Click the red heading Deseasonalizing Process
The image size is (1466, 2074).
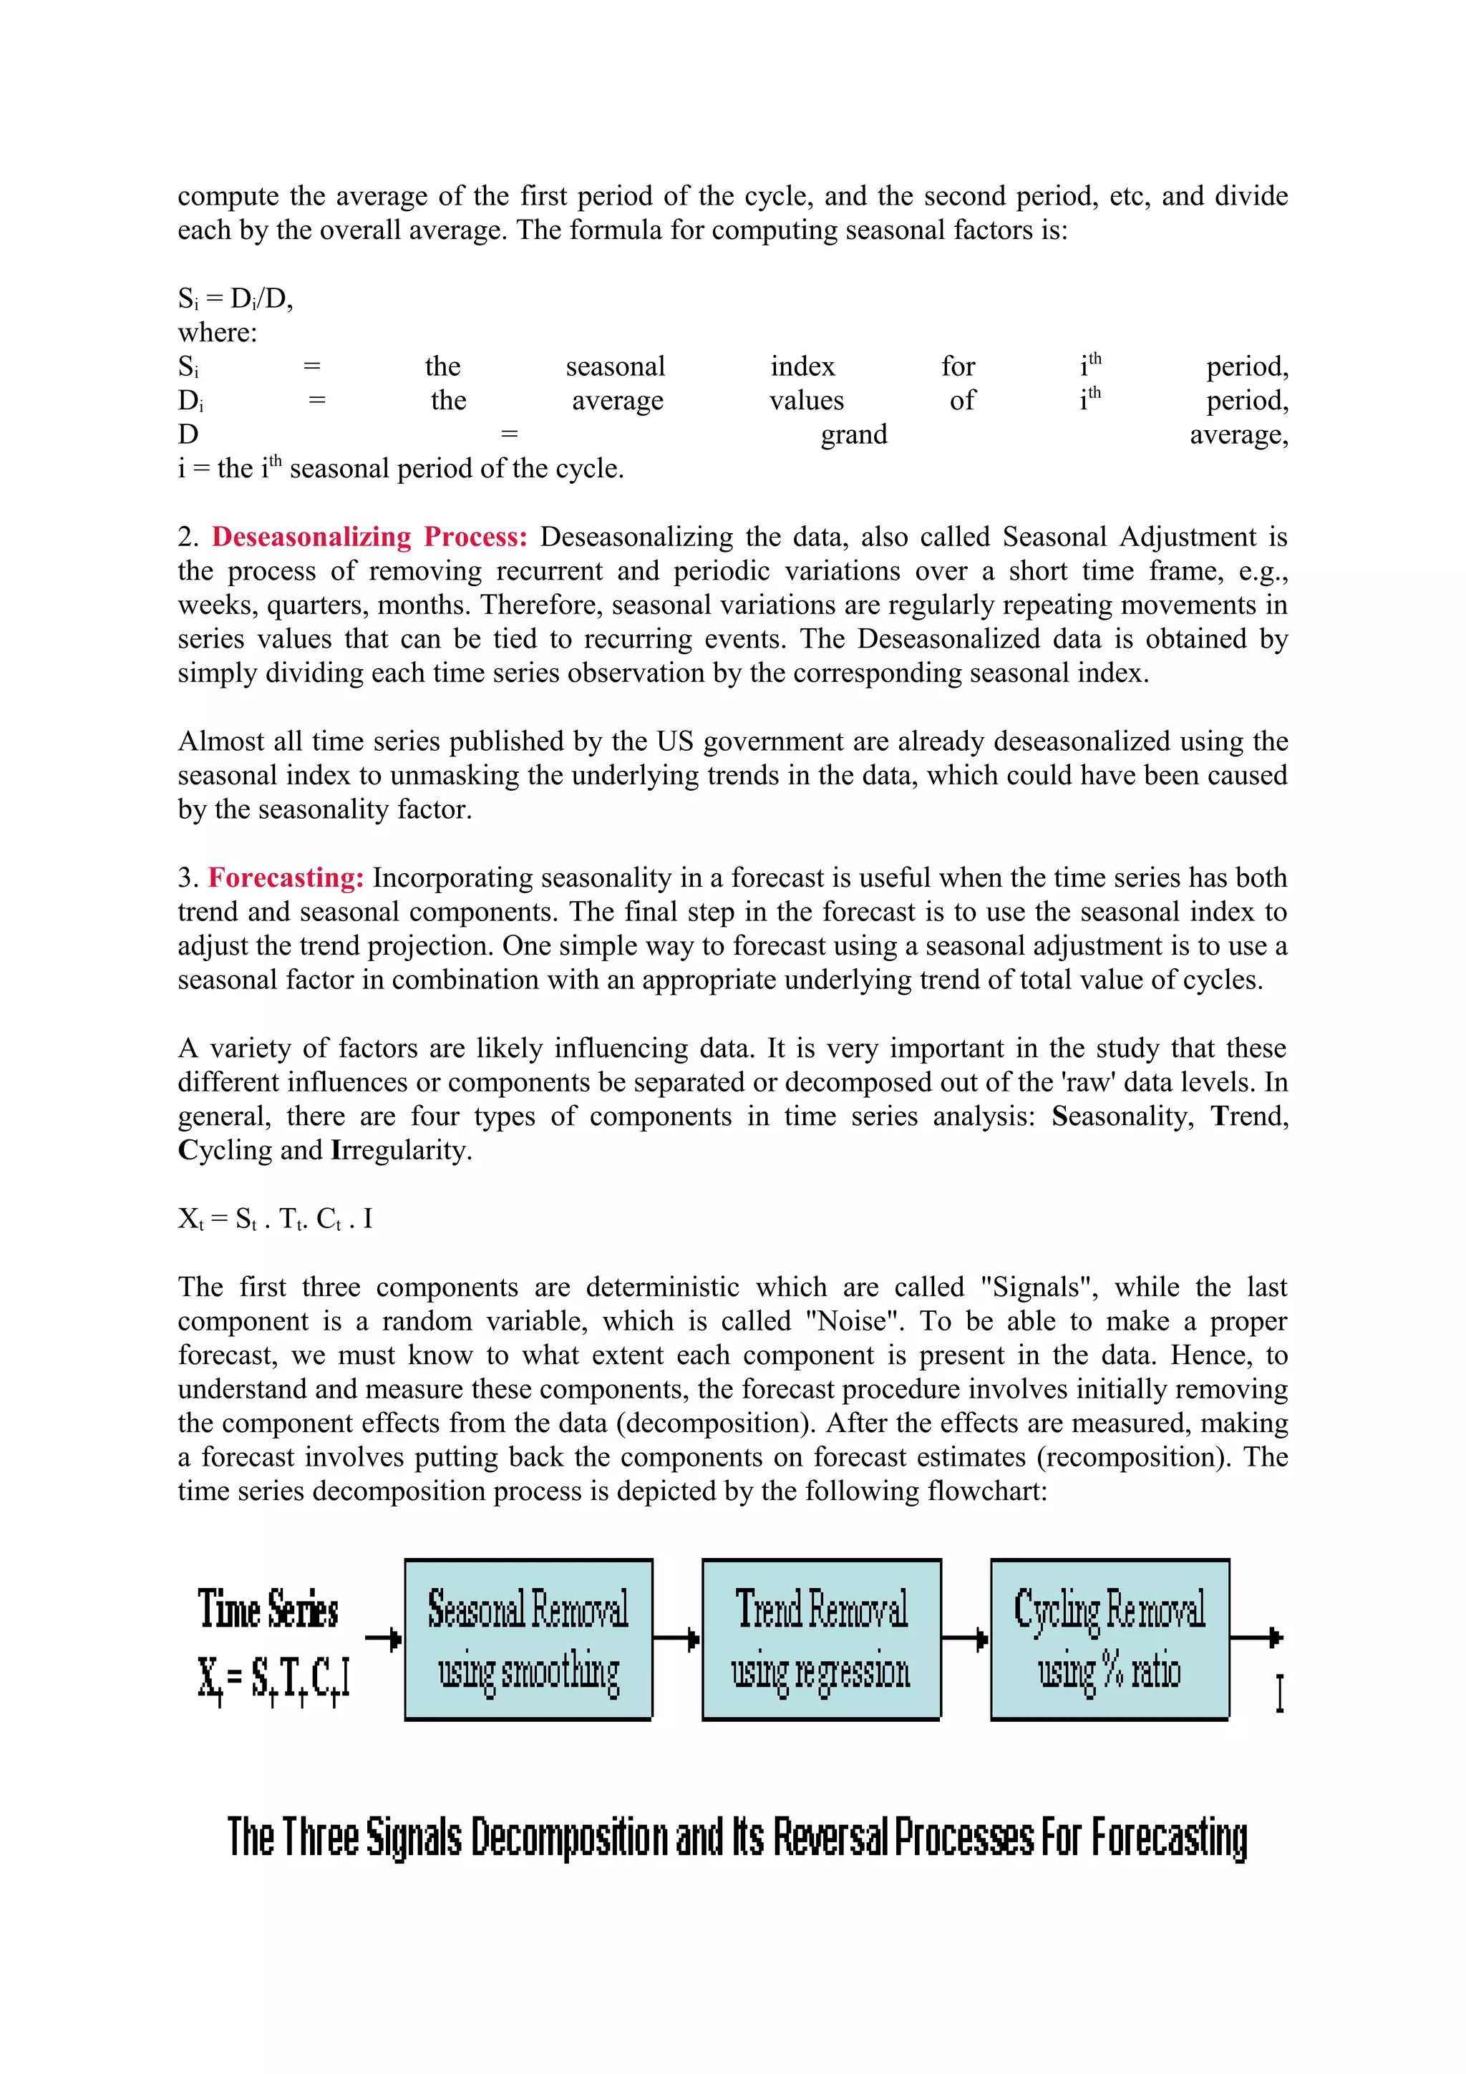369,537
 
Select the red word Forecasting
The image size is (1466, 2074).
286,877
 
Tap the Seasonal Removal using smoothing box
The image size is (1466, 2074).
528,1639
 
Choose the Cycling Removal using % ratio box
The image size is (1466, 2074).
1110,1639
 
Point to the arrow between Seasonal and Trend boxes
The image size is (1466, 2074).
676,1637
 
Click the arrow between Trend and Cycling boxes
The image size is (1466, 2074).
965,1637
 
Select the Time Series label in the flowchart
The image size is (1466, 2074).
268,1610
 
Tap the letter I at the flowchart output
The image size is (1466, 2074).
1279,1693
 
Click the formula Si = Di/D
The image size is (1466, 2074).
235,298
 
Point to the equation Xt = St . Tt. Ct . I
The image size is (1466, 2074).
275,1219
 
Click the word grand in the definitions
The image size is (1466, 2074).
853,434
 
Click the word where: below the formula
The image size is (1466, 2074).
217,332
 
